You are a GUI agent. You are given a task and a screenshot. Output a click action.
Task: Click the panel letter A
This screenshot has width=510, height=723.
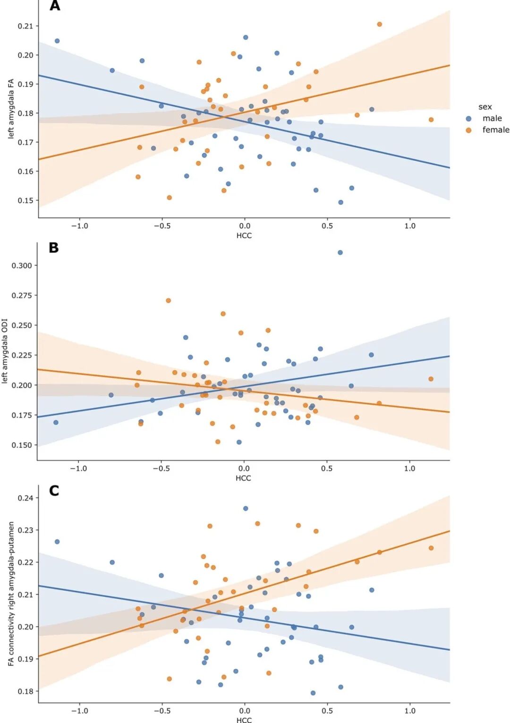coord(55,6)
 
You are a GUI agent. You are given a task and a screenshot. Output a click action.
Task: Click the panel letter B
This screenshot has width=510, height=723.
coord(54,248)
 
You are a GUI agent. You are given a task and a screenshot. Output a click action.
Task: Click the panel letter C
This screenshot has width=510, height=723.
coord(54,491)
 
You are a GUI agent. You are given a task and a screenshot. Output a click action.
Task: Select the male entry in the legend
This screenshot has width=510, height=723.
coord(492,119)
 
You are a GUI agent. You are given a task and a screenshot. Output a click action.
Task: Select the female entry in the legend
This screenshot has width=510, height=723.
coord(495,130)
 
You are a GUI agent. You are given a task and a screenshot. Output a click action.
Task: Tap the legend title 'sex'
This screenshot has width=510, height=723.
coord(485,107)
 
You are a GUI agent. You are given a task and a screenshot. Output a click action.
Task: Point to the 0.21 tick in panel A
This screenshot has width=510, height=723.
coord(25,26)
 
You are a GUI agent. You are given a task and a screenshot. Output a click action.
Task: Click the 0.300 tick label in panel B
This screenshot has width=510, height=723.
coord(22,266)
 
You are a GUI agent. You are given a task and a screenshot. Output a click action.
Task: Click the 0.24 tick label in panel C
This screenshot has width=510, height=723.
coord(25,498)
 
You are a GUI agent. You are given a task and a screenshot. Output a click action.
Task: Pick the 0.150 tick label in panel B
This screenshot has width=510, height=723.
coord(22,445)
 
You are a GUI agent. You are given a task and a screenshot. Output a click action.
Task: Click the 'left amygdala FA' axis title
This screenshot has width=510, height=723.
coord(11,109)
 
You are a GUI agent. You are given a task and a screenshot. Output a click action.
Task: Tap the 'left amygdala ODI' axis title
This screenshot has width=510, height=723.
coord(5,351)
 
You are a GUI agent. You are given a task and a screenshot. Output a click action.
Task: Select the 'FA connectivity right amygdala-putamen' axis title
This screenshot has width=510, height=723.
coord(11,594)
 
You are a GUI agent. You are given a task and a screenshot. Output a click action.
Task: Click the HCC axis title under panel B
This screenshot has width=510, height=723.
coord(243,478)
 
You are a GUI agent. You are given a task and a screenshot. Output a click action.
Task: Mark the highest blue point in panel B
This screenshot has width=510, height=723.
coord(340,253)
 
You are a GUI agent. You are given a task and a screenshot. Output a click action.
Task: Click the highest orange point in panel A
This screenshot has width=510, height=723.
coord(379,25)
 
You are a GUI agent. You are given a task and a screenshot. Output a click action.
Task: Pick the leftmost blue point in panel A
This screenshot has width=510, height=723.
coord(57,41)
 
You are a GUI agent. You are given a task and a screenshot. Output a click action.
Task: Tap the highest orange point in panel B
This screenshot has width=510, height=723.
coord(168,301)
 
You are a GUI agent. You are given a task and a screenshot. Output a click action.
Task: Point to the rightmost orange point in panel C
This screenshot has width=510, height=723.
coord(431,548)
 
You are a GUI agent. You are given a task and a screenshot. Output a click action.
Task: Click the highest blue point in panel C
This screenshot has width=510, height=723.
coord(246,509)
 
